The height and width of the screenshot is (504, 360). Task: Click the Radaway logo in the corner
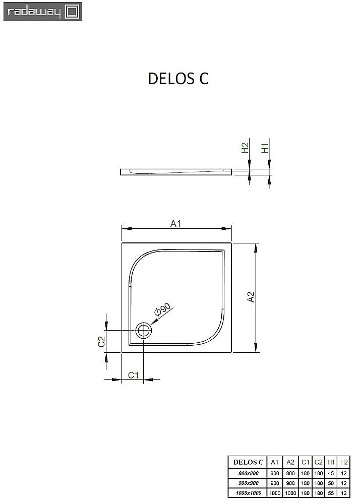(x=41, y=12)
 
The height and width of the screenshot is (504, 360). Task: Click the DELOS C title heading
(x=178, y=79)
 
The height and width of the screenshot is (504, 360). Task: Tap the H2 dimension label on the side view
(x=245, y=148)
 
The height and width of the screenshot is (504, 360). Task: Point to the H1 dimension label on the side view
(x=265, y=148)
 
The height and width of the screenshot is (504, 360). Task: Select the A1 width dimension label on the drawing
(x=175, y=224)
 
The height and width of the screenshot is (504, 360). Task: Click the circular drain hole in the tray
(x=144, y=331)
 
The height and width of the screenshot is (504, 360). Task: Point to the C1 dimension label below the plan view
(x=133, y=374)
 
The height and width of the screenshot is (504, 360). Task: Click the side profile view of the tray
(x=176, y=172)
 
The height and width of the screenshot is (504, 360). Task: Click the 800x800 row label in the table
(x=248, y=473)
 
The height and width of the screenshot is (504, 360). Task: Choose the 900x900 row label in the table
(x=248, y=483)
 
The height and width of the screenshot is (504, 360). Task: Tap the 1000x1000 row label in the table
(x=248, y=492)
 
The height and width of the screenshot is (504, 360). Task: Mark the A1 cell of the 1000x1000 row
(x=274, y=492)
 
